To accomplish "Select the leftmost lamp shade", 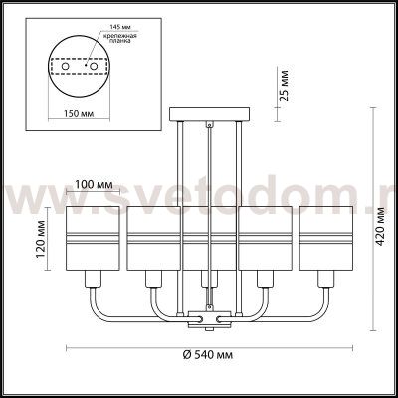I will tap(94, 240).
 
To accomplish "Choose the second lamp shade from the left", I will tap(151, 240).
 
